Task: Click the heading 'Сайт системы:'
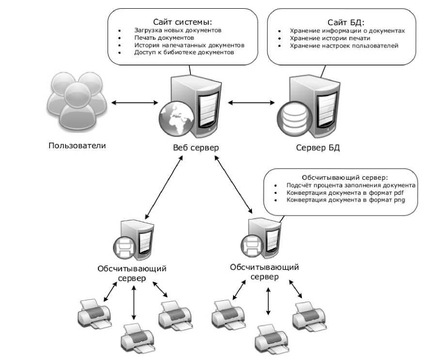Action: click(183, 22)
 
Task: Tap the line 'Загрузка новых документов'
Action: click(178, 30)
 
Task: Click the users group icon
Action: click(76, 101)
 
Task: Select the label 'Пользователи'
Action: click(77, 145)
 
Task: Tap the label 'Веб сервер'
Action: click(195, 148)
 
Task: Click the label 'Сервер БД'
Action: click(318, 148)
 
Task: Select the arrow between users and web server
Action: click(134, 102)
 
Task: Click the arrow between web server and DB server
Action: click(251, 102)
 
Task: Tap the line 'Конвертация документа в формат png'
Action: click(345, 200)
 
